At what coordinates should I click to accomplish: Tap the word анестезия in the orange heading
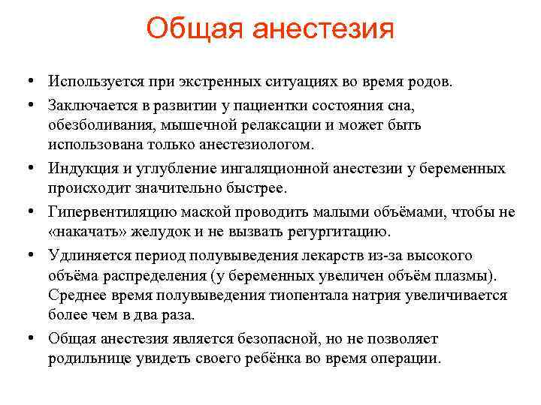(323, 30)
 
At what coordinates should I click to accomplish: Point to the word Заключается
(92, 103)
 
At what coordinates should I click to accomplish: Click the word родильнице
(86, 358)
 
